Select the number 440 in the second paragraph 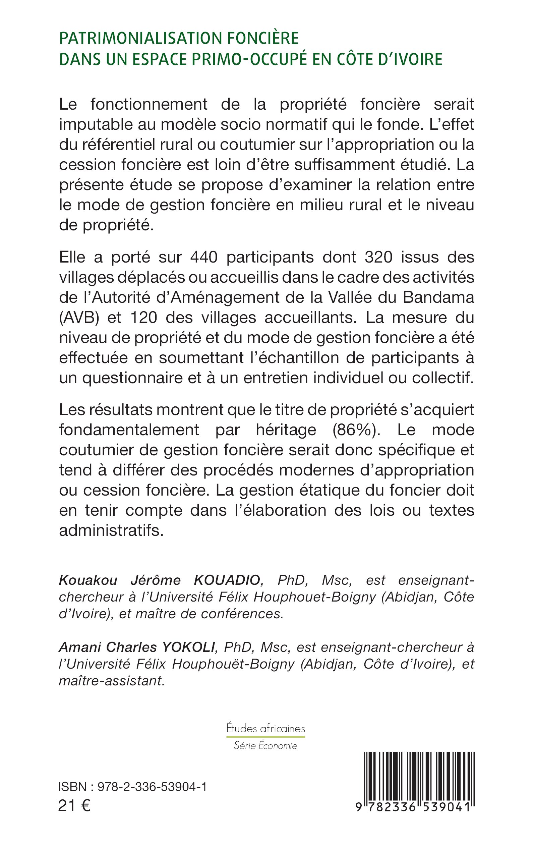[x=204, y=257]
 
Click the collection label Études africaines [x=265, y=728]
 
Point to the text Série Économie [x=265, y=745]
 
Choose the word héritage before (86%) [x=286, y=430]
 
